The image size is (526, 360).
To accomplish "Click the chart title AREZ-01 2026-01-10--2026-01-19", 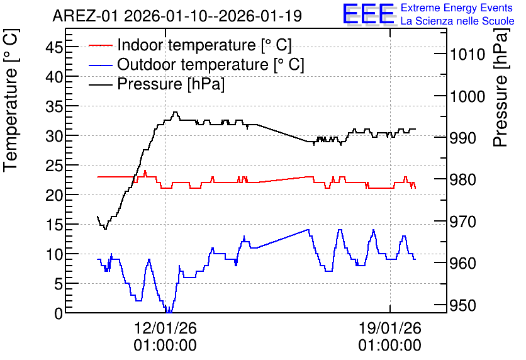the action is point(177,16).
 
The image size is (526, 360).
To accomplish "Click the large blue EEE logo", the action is point(368,14).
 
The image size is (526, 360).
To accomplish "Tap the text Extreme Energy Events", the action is point(457,8).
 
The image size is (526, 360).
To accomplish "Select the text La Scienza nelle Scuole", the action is point(457,21).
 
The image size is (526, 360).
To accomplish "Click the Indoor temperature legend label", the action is point(204,45).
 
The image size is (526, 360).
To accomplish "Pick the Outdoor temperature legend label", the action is point(211,64).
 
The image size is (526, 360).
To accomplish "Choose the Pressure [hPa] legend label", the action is point(171,84).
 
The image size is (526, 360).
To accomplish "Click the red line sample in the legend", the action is point(100,45).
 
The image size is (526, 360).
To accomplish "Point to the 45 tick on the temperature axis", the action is point(54,47).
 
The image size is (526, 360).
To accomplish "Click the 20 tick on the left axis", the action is point(54,195).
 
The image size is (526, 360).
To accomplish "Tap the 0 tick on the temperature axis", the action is point(59,313).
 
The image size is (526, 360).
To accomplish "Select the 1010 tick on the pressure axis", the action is point(467,54).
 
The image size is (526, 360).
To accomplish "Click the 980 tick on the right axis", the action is point(463,179).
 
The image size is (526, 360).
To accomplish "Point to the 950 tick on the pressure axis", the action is point(463,305).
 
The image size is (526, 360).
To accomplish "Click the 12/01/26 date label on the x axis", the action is point(165,328).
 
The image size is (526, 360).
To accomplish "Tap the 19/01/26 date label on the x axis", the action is point(390,328).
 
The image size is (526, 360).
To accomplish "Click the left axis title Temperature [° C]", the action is point(11,101).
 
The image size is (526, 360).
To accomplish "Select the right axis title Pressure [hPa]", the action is point(500,88).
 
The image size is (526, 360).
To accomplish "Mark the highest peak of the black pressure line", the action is point(175,112).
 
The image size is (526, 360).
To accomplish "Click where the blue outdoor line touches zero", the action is point(169,312).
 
